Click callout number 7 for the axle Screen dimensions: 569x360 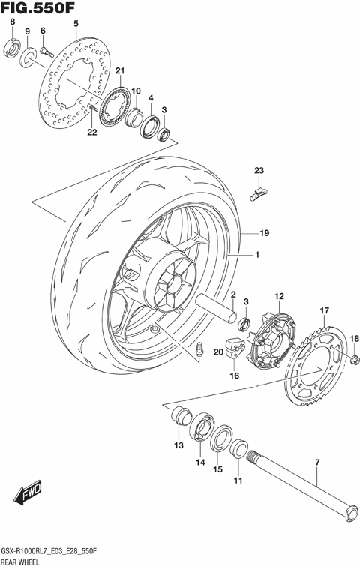click(x=316, y=463)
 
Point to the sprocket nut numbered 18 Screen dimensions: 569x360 click(x=352, y=362)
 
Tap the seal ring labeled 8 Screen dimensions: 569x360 click(x=13, y=50)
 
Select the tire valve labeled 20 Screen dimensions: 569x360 click(x=202, y=349)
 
